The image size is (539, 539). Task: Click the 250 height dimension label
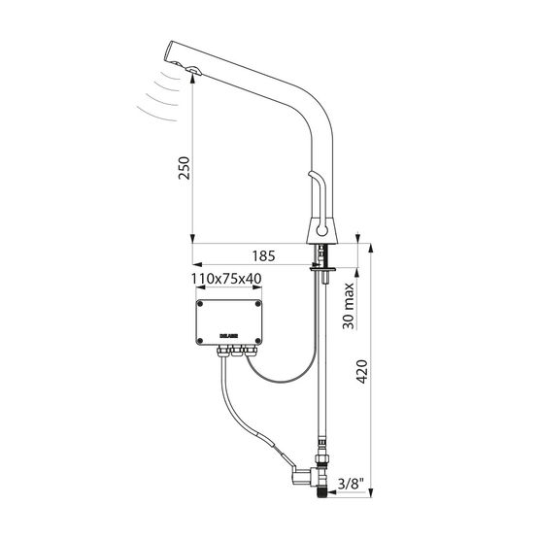click(184, 167)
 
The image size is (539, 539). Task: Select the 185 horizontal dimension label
click(263, 256)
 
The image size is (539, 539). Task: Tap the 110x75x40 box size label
click(226, 279)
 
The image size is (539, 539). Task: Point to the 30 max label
click(349, 306)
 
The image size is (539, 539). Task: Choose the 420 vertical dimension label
click(361, 372)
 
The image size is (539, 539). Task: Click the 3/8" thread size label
click(351, 484)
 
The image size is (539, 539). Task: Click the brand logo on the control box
click(229, 336)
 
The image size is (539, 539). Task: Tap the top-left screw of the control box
click(200, 304)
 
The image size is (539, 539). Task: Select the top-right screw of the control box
click(257, 304)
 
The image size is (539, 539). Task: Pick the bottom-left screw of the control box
click(200, 341)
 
